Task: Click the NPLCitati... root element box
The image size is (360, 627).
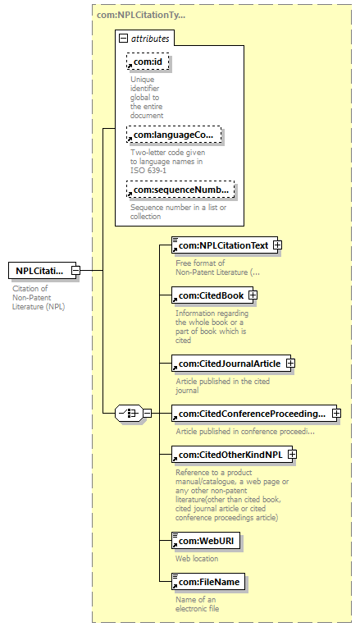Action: coord(43,271)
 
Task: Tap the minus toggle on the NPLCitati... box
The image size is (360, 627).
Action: coord(75,271)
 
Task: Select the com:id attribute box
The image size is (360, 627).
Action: coord(148,62)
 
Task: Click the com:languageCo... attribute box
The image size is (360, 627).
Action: coord(174,135)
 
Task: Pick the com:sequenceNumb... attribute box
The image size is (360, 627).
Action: coord(180,190)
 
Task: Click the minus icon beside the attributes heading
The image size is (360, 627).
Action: coord(124,39)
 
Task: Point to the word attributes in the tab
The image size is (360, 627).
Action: coord(150,39)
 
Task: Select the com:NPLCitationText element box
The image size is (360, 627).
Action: coord(225,245)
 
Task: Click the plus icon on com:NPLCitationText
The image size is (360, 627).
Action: coord(277,245)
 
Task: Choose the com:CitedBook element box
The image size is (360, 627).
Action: coord(212,295)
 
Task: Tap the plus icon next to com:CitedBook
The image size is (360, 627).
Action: coord(253,295)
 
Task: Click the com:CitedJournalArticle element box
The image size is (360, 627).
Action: coord(231,364)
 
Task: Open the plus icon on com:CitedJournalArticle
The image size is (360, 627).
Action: coord(291,364)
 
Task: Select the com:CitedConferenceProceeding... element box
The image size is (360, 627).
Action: coord(254,414)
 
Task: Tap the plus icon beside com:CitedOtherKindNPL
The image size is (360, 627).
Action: coord(293,455)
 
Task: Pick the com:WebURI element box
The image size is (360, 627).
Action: coord(206,541)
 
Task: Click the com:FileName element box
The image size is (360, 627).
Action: coord(208,582)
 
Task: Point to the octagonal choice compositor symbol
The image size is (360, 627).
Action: coord(129,413)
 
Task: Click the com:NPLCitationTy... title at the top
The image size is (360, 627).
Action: coord(141,16)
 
